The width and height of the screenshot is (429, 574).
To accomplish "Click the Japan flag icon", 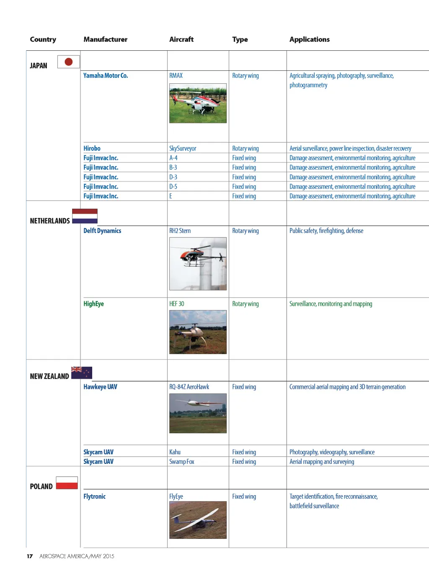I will pos(68,62).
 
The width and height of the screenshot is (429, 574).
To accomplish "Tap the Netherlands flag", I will pos(85,216).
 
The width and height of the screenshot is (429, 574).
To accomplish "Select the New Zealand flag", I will pos(82,372).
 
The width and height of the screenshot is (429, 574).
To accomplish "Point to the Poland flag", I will pos(67,483).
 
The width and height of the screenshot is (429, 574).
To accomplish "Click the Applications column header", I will pos(309,39).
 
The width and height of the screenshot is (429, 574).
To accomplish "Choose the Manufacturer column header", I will pos(105,39).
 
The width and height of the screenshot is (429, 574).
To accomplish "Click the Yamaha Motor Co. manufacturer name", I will pos(106,76).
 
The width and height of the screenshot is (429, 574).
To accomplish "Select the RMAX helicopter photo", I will pos(198,103).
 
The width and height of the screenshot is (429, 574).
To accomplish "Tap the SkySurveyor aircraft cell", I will pos(183,148).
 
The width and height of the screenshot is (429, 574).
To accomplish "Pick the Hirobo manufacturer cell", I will pos(92,148).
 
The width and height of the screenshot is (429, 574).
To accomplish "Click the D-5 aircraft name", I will pos(173,186).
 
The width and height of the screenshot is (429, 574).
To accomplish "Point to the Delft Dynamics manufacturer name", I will pos(102,231).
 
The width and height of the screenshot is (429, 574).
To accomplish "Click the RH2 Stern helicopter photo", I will pos(198,264).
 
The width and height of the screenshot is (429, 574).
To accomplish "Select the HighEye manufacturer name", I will pos(93,304).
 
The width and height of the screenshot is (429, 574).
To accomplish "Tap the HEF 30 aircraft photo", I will pos(198,332).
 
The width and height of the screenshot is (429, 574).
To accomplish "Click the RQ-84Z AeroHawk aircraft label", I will pos(189,387).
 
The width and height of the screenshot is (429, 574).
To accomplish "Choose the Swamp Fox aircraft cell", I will pos(181,462).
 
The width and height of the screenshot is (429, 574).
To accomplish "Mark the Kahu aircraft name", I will pos(175,452).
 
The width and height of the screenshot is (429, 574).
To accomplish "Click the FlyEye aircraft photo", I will pos(198,520).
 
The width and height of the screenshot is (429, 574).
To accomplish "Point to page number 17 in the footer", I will pos(30,556).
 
